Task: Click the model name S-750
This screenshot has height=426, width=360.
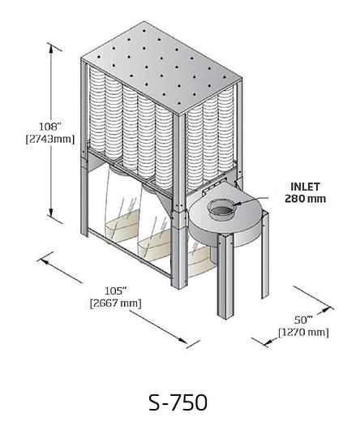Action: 178,402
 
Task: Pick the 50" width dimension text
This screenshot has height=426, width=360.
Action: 303,320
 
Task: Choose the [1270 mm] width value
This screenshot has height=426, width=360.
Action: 303,332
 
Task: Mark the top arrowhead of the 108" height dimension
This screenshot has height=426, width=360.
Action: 54,44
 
